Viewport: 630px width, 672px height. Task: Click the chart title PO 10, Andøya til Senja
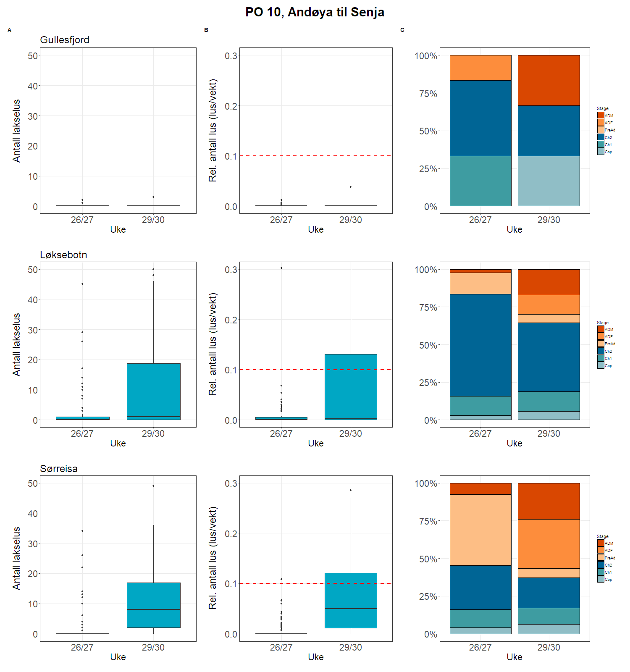click(x=315, y=12)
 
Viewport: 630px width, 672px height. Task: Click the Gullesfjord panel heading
click(x=65, y=40)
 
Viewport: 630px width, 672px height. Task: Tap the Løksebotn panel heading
click(x=63, y=255)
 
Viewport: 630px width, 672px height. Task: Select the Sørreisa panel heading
click(x=59, y=469)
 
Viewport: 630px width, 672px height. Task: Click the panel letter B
click(x=206, y=30)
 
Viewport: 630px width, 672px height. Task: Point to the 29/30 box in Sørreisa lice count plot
click(x=153, y=605)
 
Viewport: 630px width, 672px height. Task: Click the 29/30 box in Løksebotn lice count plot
click(x=153, y=391)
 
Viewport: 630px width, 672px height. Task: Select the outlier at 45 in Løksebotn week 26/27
click(x=82, y=284)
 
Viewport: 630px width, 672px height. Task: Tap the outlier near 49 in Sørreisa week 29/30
click(x=153, y=486)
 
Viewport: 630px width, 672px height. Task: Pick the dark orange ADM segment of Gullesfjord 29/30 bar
click(x=549, y=80)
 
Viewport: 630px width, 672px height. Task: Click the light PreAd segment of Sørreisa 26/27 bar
click(x=480, y=530)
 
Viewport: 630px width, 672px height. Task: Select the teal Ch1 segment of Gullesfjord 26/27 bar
click(x=480, y=181)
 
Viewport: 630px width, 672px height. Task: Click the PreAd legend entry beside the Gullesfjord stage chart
click(x=601, y=130)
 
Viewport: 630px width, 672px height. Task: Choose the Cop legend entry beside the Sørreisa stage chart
click(x=601, y=579)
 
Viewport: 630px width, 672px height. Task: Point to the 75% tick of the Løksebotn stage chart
click(x=428, y=307)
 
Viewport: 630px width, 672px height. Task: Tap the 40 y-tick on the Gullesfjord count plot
click(x=33, y=86)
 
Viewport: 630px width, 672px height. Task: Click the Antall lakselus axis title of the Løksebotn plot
click(x=16, y=344)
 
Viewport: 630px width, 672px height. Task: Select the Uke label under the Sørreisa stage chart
click(x=514, y=657)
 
